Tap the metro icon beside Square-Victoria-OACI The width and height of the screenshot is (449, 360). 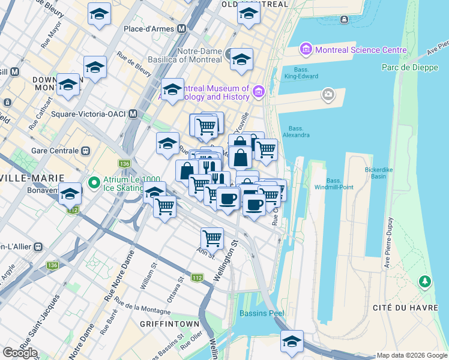pyautogui.click(x=133, y=113)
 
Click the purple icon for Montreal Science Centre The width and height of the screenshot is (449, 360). pyautogui.click(x=306, y=48)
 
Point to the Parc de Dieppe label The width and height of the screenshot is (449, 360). pyautogui.click(x=407, y=67)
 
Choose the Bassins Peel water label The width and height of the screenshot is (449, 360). pyautogui.click(x=261, y=313)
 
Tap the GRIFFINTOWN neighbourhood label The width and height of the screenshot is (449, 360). pyautogui.click(x=169, y=324)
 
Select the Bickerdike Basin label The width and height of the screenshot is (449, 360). pyautogui.click(x=379, y=173)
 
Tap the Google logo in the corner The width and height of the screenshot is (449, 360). pyautogui.click(x=20, y=353)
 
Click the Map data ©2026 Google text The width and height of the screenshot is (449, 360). pyautogui.click(x=412, y=355)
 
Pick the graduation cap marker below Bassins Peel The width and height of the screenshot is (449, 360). pyautogui.click(x=292, y=341)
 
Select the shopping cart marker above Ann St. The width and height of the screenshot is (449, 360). pyautogui.click(x=212, y=238)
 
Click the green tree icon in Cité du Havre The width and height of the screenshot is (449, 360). pyautogui.click(x=425, y=280)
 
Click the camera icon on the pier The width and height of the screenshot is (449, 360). pyautogui.click(x=328, y=94)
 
